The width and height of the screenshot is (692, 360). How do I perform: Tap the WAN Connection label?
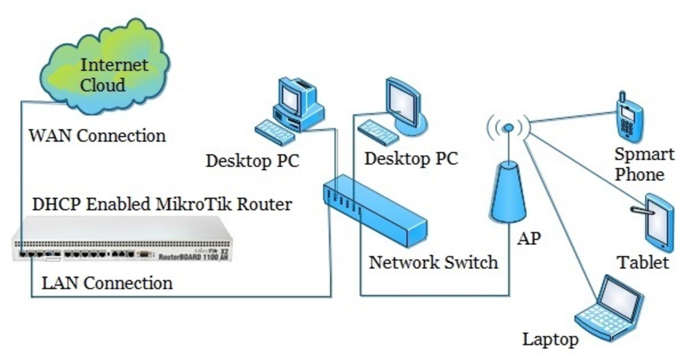[97, 136]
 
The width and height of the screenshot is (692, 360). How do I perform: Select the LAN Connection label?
[107, 283]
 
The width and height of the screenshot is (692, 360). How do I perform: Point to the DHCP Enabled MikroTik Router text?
[161, 204]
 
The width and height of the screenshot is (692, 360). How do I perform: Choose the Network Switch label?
[433, 262]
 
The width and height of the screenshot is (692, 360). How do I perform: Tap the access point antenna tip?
[508, 127]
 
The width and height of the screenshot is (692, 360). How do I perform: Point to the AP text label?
[529, 238]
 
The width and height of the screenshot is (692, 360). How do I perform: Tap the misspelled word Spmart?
[644, 155]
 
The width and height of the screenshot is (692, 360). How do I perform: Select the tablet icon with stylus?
[656, 222]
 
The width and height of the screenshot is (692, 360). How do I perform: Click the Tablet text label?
[644, 263]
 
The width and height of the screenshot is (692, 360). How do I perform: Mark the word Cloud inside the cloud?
[103, 85]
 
